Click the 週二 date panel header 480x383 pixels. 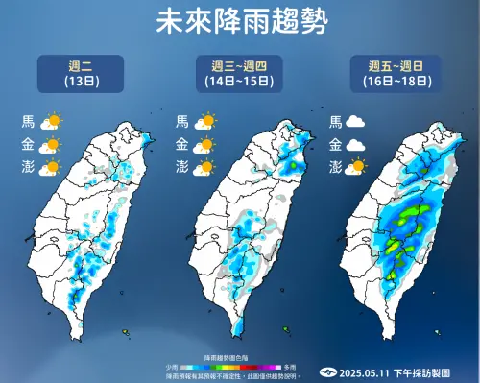tap(79, 74)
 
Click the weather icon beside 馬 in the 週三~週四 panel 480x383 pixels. tap(204, 122)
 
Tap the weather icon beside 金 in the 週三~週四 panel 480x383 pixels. tap(204, 144)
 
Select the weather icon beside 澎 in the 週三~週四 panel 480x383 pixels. tap(204, 167)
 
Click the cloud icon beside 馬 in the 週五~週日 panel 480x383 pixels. tap(358, 122)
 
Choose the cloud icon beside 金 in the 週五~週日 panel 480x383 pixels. tap(358, 144)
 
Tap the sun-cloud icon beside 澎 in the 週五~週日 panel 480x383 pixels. tap(358, 167)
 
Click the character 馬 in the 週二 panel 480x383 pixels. tap(28, 122)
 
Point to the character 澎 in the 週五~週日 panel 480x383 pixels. tap(335, 167)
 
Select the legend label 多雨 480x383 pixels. tap(290, 366)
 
